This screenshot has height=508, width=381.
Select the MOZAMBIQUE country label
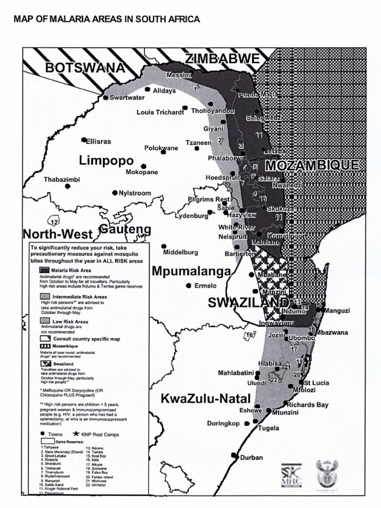[311, 166]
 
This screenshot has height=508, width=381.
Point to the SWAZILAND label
[248, 303]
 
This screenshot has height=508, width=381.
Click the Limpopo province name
[106, 161]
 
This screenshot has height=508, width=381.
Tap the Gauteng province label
[125, 230]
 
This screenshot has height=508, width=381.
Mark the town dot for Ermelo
[189, 285]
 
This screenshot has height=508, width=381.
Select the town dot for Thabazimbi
[67, 187]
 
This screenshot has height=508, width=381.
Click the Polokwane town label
[161, 148]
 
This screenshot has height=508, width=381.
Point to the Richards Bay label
[308, 405]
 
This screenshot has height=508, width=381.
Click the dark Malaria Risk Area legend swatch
[45, 270]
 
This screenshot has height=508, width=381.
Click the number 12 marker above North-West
[54, 221]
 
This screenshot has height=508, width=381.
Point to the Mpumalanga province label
[191, 271]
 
